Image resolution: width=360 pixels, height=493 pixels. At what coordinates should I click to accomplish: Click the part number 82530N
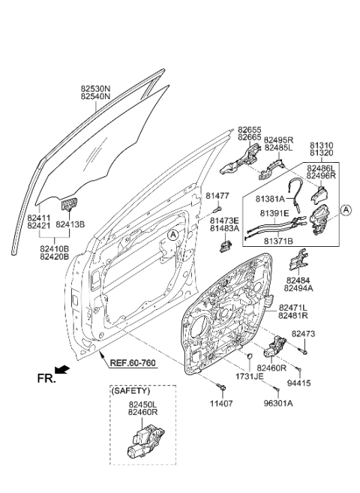pyautogui.click(x=95, y=88)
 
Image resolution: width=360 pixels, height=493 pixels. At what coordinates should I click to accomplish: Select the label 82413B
pyautogui.click(x=72, y=224)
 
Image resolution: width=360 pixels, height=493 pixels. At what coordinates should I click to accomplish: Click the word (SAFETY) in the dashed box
pyautogui.click(x=130, y=391)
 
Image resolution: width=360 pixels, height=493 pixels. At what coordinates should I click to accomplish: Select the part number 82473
pyautogui.click(x=304, y=333)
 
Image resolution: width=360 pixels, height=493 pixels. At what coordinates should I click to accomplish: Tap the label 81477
pyautogui.click(x=217, y=196)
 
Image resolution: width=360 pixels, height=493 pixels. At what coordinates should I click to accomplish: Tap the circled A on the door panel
pyautogui.click(x=173, y=236)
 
